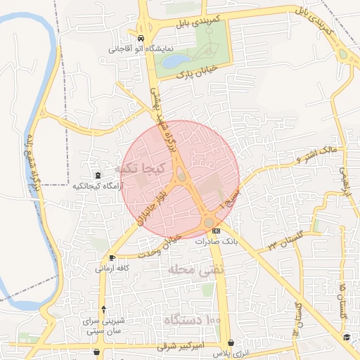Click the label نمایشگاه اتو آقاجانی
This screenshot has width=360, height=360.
coord(142,49)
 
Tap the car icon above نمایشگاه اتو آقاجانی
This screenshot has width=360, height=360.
coord(142,39)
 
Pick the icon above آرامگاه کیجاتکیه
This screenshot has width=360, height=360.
coord(98,175)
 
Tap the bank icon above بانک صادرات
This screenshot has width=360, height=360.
coord(216,231)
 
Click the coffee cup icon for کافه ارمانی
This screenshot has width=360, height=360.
coord(112,258)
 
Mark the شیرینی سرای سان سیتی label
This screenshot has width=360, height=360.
coord(104,325)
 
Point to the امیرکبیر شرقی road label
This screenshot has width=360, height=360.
coord(198,346)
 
